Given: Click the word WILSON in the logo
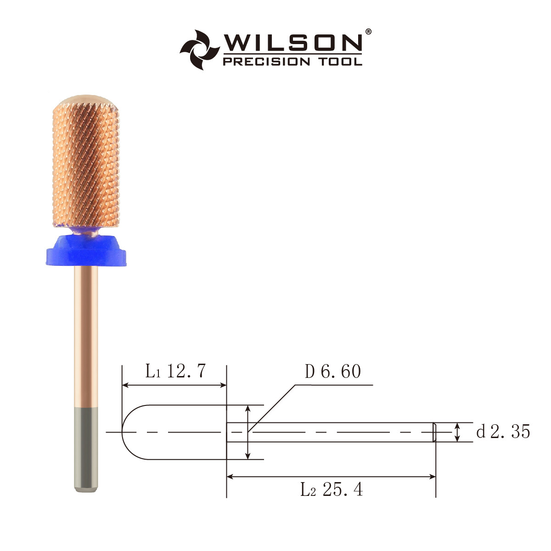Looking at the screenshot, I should click(292, 43).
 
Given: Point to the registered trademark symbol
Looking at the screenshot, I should click(368, 32).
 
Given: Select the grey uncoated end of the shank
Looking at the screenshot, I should click(86, 450).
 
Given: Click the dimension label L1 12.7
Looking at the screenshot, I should click(175, 371).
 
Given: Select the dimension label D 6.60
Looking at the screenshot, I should click(333, 371).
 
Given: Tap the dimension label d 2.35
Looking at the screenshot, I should click(503, 432).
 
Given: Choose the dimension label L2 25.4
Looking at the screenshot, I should click(332, 489).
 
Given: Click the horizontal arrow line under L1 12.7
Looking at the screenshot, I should click(174, 385).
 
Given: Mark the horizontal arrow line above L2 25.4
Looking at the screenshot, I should click(331, 477).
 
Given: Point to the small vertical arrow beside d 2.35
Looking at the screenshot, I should click(457, 432).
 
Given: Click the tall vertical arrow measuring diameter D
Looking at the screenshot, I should click(248, 432).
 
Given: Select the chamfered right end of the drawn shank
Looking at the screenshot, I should click(434, 432).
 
